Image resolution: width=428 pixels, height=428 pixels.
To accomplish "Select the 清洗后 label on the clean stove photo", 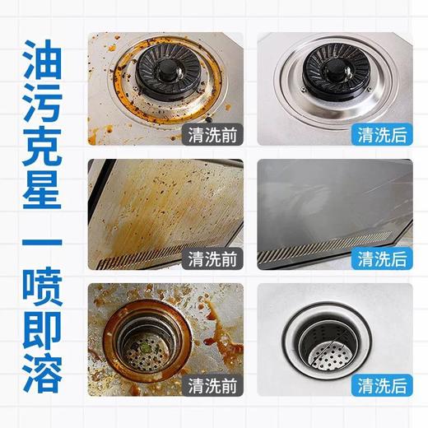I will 383,133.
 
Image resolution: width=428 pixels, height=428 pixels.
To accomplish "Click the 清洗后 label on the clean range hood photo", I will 383,259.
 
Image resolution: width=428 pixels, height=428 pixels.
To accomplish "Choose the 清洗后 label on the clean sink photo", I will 383,384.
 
